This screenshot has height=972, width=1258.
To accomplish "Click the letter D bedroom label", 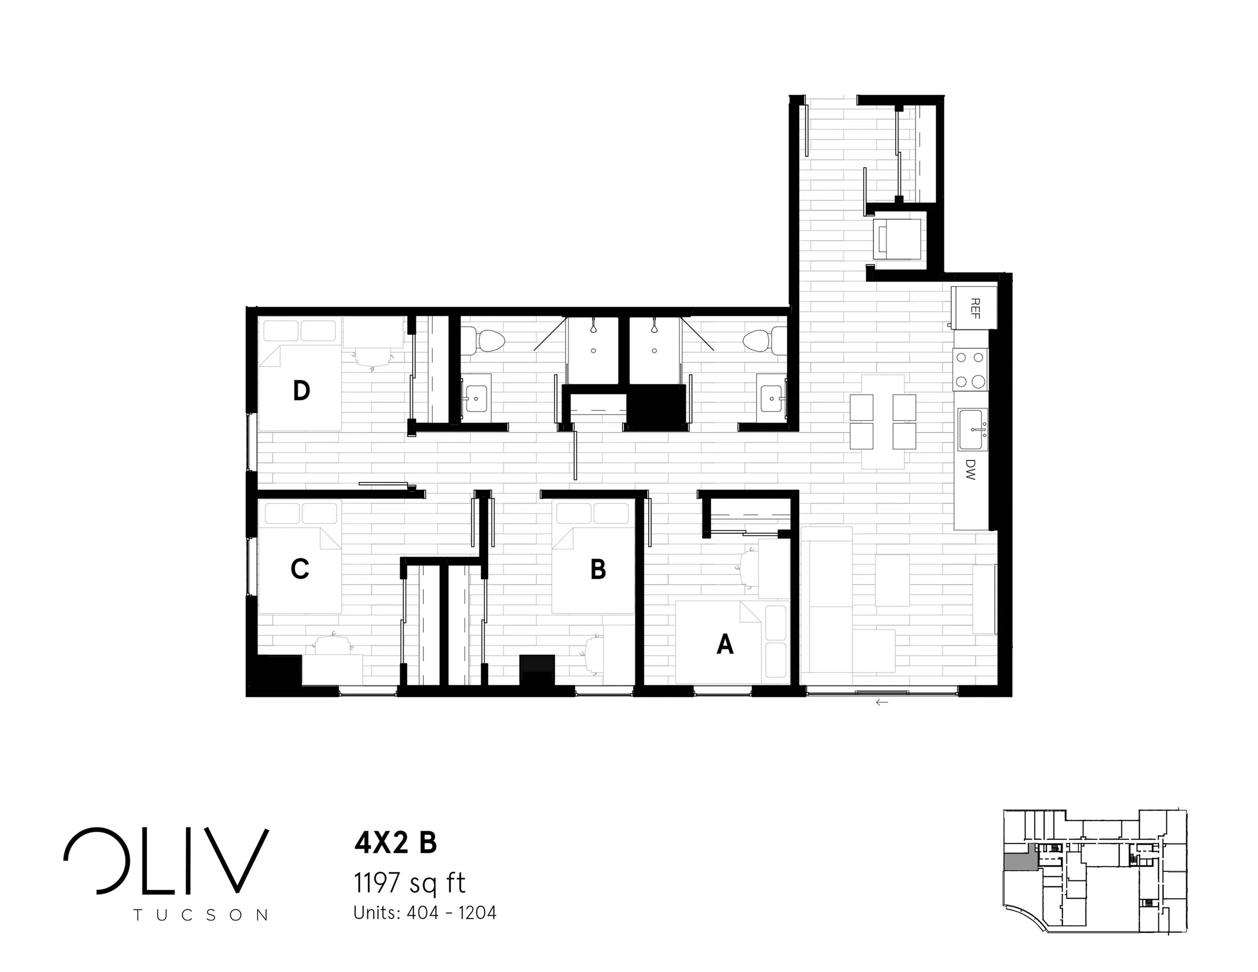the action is pos(301,391).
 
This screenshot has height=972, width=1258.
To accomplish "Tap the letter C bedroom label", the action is pos(300,569).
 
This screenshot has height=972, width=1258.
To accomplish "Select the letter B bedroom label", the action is pos(599,569).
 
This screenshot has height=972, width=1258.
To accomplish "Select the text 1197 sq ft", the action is pos(409,883).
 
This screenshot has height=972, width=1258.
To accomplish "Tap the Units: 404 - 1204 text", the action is pos(425,913).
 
